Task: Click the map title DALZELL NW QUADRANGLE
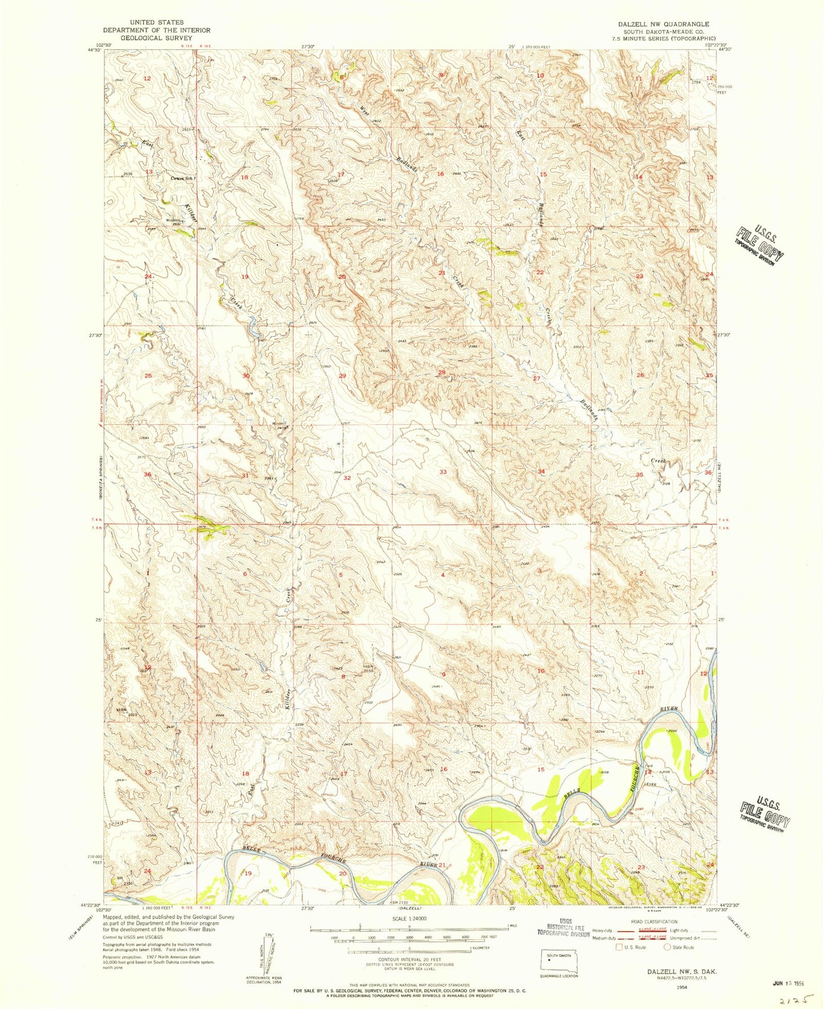(663, 25)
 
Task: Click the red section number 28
(441, 373)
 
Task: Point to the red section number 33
(443, 472)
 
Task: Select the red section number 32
(347, 478)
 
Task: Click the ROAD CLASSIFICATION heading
(661, 922)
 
